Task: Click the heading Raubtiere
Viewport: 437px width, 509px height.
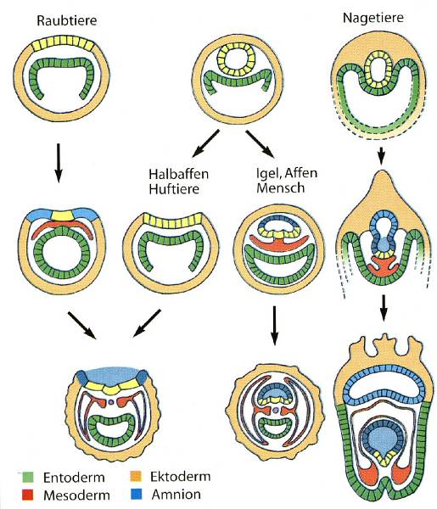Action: [x=66, y=20]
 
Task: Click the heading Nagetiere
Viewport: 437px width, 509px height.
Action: [x=373, y=17]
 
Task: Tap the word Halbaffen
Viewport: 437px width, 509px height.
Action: [x=178, y=174]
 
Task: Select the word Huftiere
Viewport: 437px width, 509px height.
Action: [x=174, y=189]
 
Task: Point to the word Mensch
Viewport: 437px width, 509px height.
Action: [x=281, y=188]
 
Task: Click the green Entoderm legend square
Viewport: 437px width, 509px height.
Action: [x=27, y=477]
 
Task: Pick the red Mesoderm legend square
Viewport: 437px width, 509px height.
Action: [x=27, y=495]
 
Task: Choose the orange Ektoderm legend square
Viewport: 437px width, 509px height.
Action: [x=136, y=476]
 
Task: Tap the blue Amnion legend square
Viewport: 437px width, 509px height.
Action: [x=136, y=494]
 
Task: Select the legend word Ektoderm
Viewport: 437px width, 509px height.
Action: [x=180, y=477]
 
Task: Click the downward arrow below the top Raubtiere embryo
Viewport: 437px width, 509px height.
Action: [x=58, y=163]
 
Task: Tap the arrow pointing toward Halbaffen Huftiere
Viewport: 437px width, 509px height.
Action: [x=206, y=143]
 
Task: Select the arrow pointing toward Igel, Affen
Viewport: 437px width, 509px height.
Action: [x=259, y=143]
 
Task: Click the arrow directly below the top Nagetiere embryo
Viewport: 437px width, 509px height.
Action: [x=382, y=155]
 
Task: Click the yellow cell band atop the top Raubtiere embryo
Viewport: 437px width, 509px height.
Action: [x=63, y=43]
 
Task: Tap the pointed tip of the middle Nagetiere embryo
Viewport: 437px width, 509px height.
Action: [x=383, y=171]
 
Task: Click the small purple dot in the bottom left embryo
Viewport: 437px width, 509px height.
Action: [x=111, y=402]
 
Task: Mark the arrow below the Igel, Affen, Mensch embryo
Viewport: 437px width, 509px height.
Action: [x=275, y=325]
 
